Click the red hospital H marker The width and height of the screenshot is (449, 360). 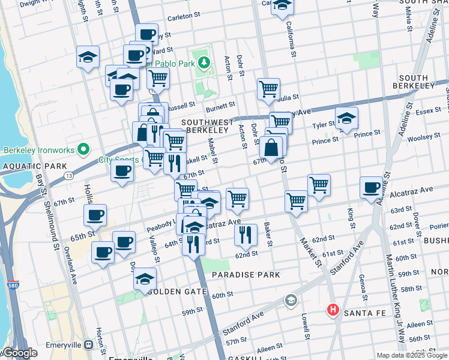coord(332,310)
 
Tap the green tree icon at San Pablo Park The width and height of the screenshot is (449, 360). coord(204,62)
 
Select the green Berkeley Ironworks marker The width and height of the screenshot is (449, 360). coord(83,149)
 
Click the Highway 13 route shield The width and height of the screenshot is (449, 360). coord(70,175)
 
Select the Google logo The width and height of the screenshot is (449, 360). coord(19,353)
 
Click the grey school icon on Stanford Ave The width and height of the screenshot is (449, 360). coord(291,299)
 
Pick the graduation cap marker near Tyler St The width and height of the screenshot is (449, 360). coord(346,118)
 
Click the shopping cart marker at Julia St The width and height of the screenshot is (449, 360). coord(269,89)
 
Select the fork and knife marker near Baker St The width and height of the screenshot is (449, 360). coord(246,235)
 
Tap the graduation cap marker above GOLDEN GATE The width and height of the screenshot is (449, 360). coord(145,278)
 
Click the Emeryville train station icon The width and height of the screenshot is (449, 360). coord(89,345)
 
